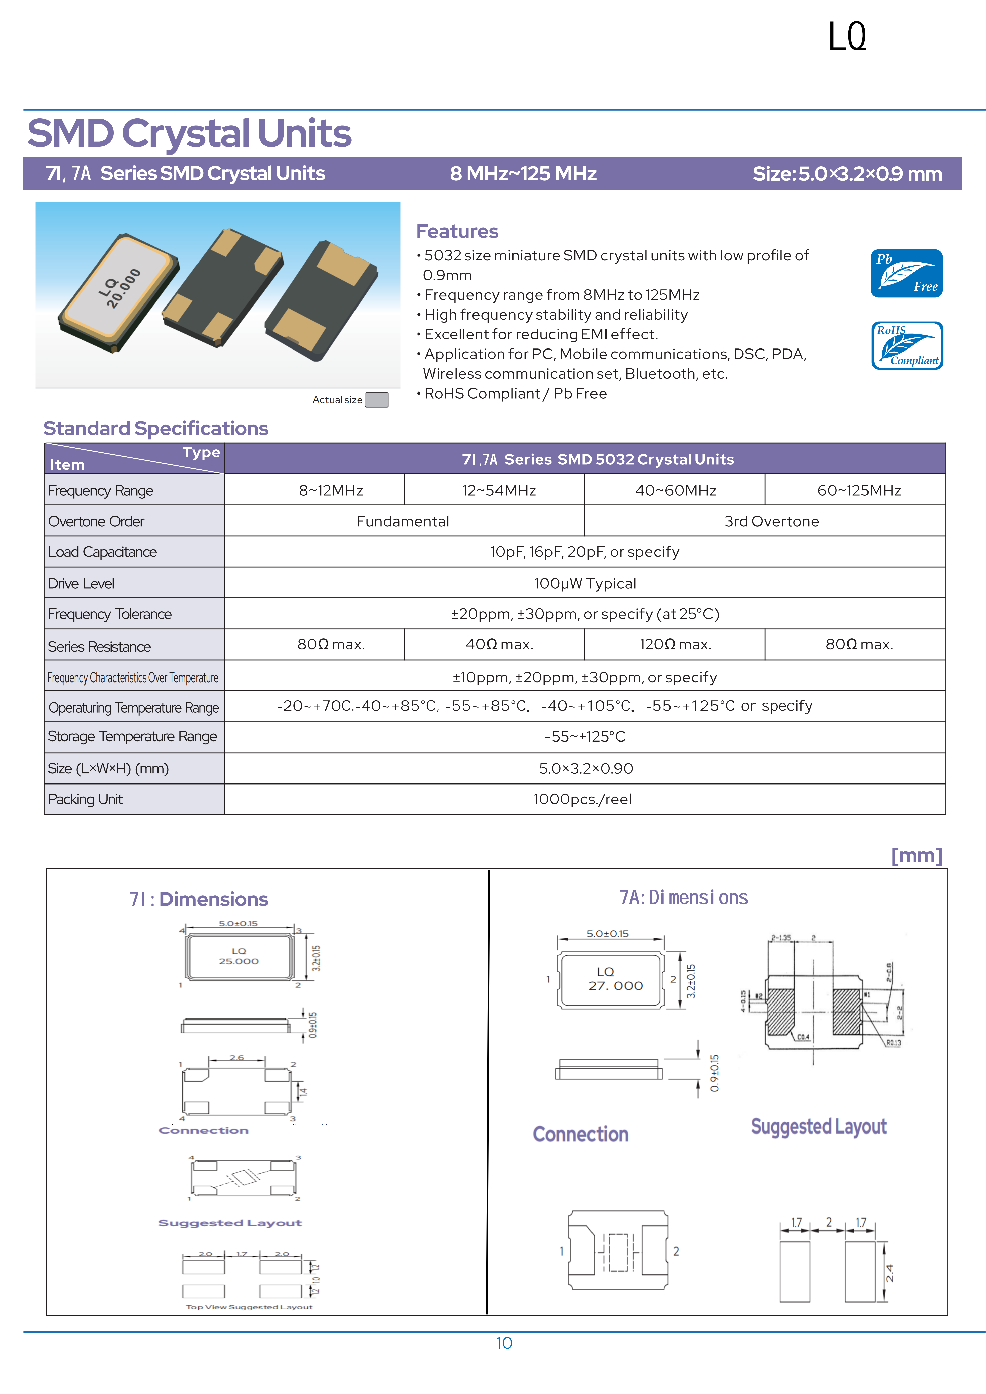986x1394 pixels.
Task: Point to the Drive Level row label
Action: coord(82,583)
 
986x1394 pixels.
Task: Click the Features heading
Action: coord(457,231)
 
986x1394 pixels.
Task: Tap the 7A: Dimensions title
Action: coord(683,897)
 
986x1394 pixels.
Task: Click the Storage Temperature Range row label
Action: coord(132,736)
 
